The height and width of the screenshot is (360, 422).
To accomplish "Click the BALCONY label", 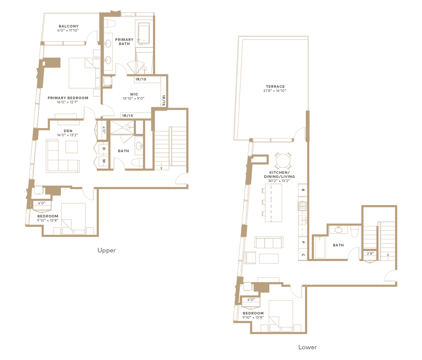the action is tap(69, 26).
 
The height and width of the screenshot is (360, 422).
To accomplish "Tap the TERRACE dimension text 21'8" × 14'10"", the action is tap(275, 91).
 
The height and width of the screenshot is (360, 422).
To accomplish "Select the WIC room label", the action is tap(134, 94).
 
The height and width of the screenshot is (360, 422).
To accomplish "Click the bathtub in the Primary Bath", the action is tap(144, 33).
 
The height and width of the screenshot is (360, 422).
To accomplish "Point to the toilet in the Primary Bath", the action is tap(109, 24).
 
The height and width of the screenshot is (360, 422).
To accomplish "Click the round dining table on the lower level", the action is tap(283, 161).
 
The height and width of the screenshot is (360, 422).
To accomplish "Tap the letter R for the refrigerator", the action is tap(303, 190).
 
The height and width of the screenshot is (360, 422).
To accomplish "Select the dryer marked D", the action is tap(104, 149).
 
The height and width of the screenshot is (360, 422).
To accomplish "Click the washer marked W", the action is tap(104, 161).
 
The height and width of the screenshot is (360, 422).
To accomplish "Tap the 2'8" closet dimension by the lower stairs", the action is tap(370, 253).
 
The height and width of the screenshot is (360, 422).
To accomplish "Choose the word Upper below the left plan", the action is tap(106, 251).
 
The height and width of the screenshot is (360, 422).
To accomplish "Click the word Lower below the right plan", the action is tap(307, 347).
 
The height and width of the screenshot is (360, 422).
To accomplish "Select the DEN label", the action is tap(68, 131).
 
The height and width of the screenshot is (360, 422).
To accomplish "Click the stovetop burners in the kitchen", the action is tap(302, 206).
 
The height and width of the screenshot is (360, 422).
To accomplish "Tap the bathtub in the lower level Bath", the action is tap(320, 247).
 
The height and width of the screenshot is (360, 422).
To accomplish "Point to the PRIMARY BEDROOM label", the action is tap(68, 98).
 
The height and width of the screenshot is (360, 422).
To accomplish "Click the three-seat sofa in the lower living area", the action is tap(269, 242).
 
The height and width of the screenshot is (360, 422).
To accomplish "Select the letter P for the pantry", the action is tap(303, 242).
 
